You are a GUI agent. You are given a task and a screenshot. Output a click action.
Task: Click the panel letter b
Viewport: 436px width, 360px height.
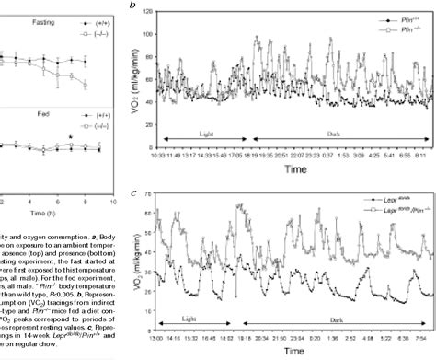click(135, 6)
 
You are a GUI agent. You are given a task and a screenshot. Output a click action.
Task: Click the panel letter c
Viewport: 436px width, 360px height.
click(135, 192)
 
